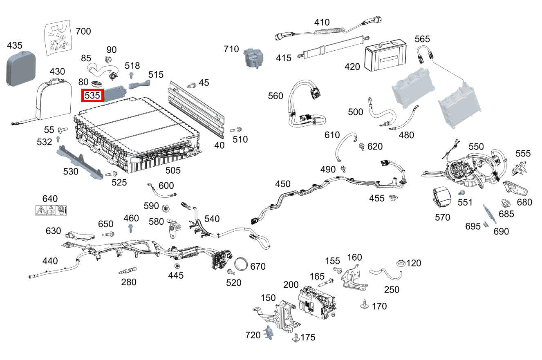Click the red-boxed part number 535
pos(92,96)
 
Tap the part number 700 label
pos(83,31)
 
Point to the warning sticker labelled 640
pos(51,211)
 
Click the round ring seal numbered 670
pos(242,264)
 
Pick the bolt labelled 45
pos(190,85)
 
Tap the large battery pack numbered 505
pos(135,135)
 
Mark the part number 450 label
pos(282,184)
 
